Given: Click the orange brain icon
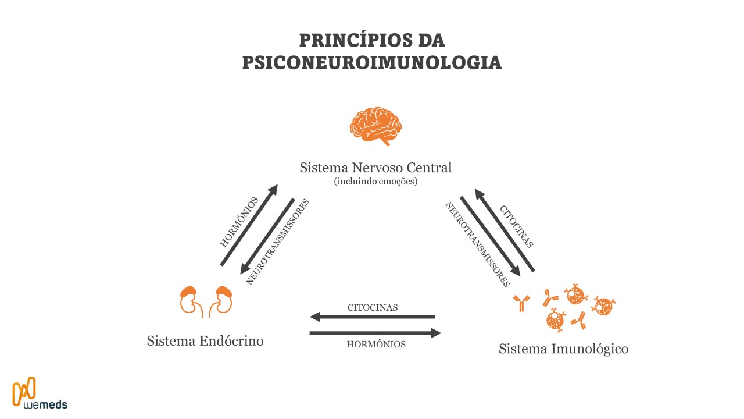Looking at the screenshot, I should pyautogui.click(x=375, y=125).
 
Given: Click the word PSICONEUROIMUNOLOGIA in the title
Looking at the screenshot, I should pyautogui.click(x=372, y=62).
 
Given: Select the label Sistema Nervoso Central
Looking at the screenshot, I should pyautogui.click(x=375, y=168).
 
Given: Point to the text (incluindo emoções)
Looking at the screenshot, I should pyautogui.click(x=375, y=182).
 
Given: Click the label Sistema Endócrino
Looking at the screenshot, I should pyautogui.click(x=205, y=340).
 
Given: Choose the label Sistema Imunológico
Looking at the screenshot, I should pyautogui.click(x=563, y=349).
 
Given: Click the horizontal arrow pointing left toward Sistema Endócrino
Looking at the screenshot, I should pyautogui.click(x=372, y=317).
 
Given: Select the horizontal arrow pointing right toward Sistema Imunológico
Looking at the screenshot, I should pyautogui.click(x=375, y=333).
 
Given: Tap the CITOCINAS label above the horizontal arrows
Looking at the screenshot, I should pyautogui.click(x=373, y=307).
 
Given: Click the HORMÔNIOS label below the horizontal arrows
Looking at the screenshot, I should pyautogui.click(x=376, y=344).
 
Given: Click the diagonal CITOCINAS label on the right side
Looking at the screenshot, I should pyautogui.click(x=516, y=226).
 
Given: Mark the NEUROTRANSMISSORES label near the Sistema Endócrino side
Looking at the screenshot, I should pyautogui.click(x=277, y=242).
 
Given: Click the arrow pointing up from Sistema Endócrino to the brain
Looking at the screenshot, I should pyautogui.click(x=249, y=225).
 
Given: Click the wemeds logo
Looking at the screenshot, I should pyautogui.click(x=40, y=393).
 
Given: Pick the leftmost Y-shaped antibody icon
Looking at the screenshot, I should pyautogui.click(x=521, y=301).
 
